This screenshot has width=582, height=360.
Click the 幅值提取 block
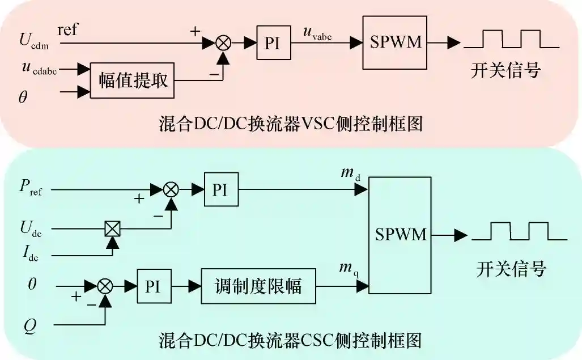[x=133, y=81]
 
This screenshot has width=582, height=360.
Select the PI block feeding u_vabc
[x=273, y=43]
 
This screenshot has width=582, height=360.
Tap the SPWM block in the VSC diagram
[x=395, y=43]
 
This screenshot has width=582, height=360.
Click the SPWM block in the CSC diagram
[x=401, y=235]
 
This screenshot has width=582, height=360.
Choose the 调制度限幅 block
[x=258, y=286]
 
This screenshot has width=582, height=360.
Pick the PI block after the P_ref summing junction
[x=221, y=189]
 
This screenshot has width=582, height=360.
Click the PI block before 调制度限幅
[x=153, y=286]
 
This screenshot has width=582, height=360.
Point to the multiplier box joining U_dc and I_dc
[x=113, y=229]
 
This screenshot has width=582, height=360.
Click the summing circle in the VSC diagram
[x=224, y=42]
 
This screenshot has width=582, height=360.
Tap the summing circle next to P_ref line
[x=171, y=189]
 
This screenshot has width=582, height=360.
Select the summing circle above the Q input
[x=105, y=286]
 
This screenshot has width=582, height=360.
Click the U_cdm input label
[x=33, y=41]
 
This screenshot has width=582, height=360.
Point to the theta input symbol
[x=23, y=98]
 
